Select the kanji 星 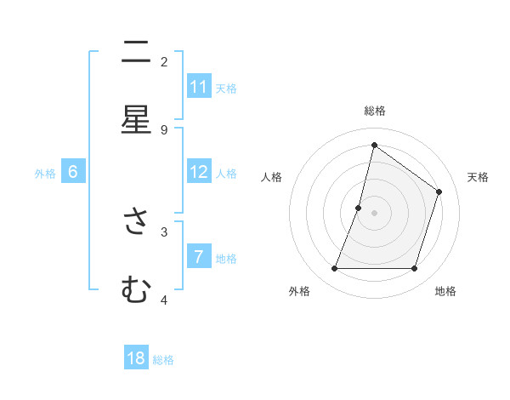[136, 121]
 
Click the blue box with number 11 [199, 87]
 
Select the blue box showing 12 [199, 172]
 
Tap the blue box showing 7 [199, 257]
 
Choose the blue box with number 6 [73, 172]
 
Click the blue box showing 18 [136, 358]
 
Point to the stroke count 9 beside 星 [164, 129]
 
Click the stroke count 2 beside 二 [164, 61]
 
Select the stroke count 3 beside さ [164, 231]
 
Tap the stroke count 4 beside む [164, 300]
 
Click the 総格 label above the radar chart [374, 111]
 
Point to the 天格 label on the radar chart [478, 177]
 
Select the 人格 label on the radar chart [272, 177]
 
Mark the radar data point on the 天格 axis [439, 191]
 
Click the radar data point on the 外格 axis [334, 269]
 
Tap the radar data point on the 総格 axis [374, 145]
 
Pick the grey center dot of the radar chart [374, 213]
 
